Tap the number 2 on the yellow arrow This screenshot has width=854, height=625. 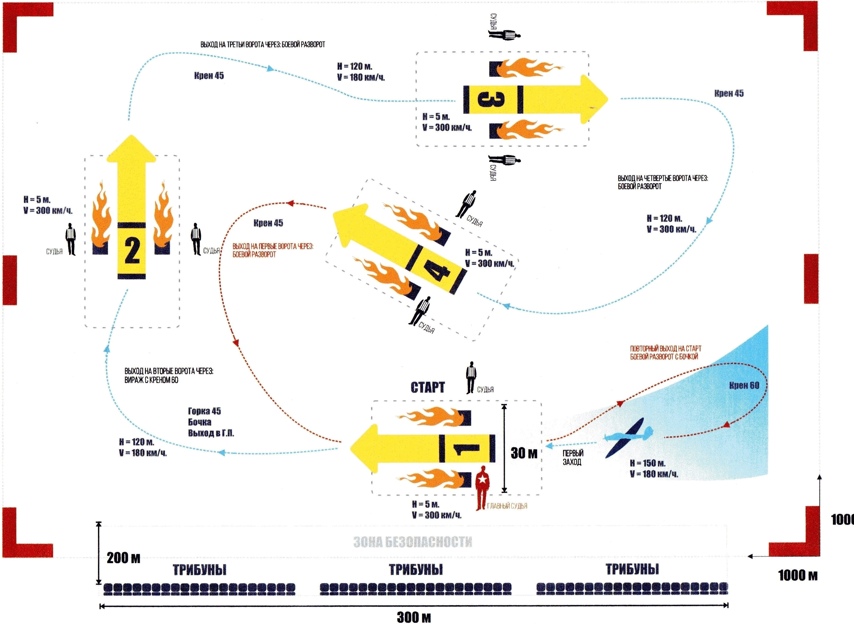132,251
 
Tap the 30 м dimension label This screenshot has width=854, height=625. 524,453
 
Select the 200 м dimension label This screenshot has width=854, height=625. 123,558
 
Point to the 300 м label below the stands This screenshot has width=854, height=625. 414,618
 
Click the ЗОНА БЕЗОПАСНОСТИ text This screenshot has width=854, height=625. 413,542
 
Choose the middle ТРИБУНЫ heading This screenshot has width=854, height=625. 416,570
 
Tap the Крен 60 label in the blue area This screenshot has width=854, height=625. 744,386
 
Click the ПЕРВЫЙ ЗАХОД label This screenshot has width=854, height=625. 572,457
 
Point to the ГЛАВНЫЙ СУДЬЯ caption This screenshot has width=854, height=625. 507,506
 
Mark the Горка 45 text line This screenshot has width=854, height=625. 204,411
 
